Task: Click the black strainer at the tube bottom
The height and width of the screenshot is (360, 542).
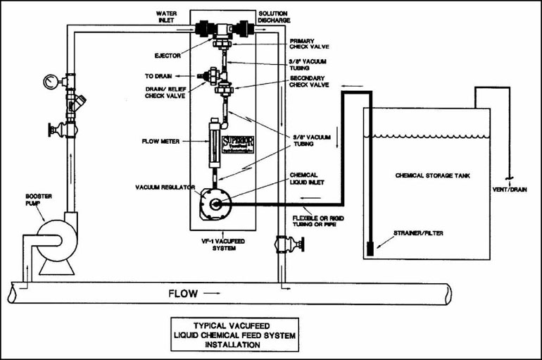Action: point(370,247)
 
